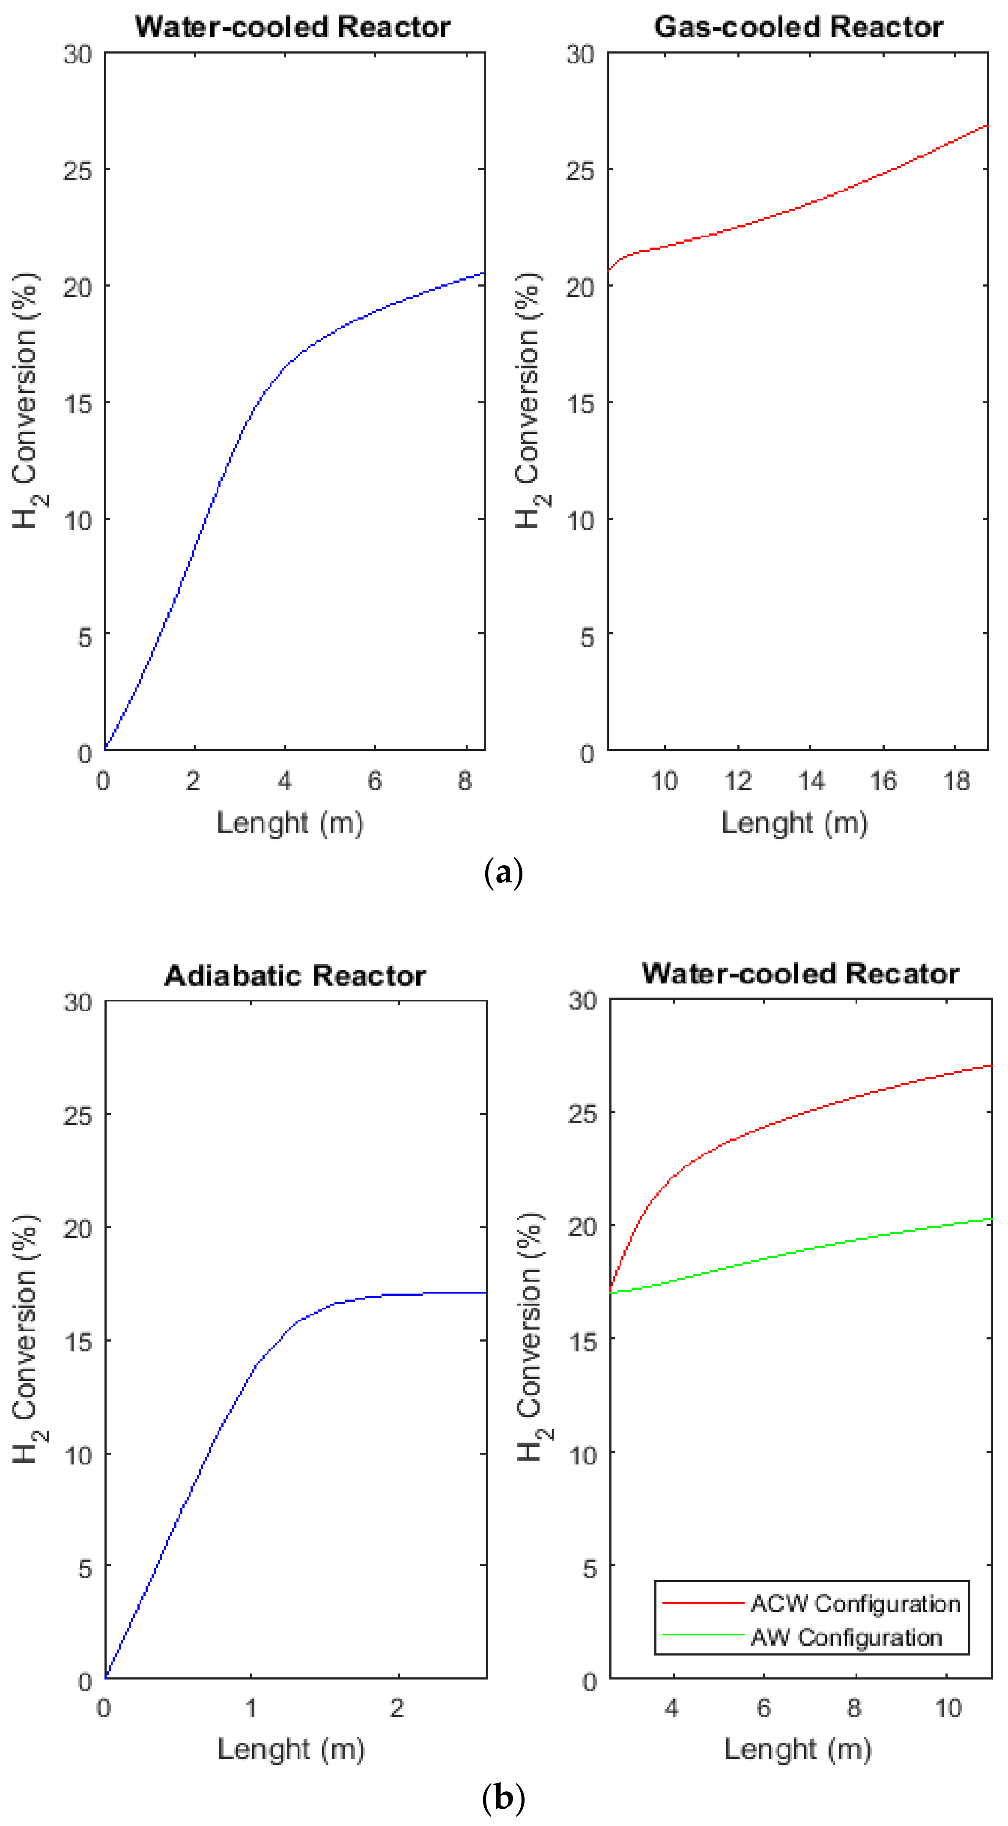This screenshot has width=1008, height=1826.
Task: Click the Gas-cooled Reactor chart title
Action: [x=798, y=27]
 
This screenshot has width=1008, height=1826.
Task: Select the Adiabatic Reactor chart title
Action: [x=295, y=976]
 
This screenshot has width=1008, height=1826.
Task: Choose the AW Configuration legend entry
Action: [x=846, y=1638]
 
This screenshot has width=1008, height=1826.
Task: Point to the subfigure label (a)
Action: [x=503, y=872]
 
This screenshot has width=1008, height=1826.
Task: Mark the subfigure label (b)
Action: [x=503, y=1798]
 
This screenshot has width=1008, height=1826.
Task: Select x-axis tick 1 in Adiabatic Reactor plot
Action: [x=251, y=1708]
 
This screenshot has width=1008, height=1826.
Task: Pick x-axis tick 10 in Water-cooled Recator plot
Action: [x=948, y=1708]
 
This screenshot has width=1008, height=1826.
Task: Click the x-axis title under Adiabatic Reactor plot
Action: [x=291, y=1749]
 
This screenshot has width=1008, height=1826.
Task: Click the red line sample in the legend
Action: [x=702, y=1603]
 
